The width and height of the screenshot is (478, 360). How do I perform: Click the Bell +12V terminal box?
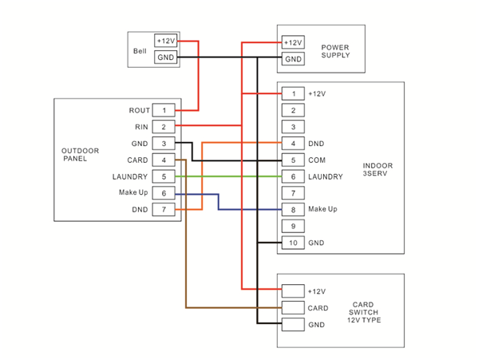point(165,41)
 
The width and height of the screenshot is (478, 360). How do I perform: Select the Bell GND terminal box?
point(165,57)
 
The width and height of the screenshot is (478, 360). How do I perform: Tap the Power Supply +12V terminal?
point(293,42)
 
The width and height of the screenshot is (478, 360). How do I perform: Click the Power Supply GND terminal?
point(293,59)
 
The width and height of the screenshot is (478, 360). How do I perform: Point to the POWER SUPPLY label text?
point(335,51)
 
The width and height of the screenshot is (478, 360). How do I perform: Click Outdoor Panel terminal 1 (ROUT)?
point(164,110)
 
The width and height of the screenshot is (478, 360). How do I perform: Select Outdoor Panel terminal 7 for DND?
point(164,209)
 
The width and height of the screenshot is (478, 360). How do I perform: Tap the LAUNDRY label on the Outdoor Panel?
point(130,176)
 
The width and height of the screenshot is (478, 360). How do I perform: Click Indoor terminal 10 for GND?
point(293,243)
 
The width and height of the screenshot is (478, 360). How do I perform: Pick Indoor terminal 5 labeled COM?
point(293,160)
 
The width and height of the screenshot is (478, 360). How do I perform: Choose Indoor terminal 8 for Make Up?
point(293,209)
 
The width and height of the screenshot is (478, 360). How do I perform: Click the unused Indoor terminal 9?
point(293,226)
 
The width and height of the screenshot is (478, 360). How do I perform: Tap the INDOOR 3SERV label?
point(377,169)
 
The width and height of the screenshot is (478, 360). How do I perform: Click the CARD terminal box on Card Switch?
point(293,308)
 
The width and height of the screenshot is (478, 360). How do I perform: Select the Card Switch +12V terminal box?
point(293,291)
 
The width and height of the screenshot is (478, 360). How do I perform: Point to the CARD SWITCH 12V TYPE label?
point(364,312)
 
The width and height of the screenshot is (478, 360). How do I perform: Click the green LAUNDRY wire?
point(229,176)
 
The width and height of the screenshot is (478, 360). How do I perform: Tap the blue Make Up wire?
point(219,202)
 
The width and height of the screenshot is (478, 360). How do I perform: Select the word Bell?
point(140,51)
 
